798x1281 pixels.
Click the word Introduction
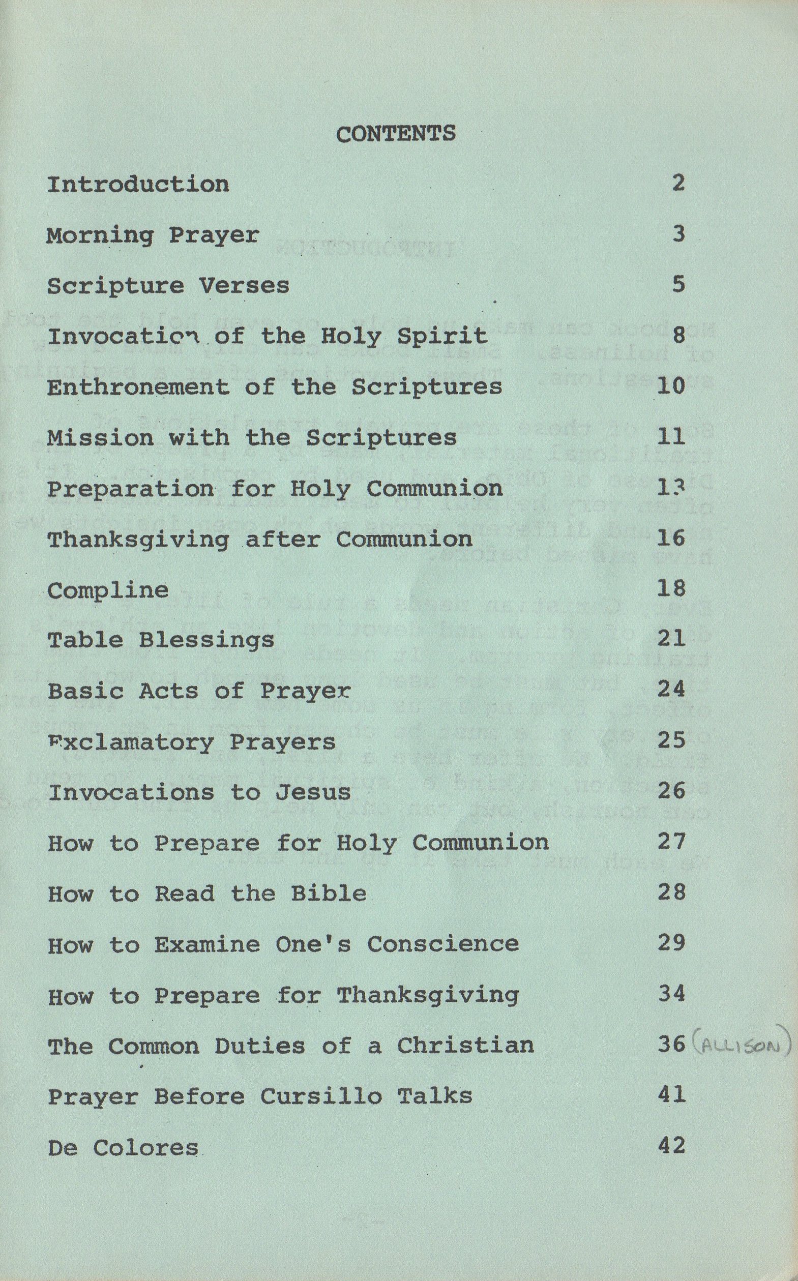138,184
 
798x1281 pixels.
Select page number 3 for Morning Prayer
678,234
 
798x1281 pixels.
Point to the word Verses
244,285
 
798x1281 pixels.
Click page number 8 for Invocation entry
678,335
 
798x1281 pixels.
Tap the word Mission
100,437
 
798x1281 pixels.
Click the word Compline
108,590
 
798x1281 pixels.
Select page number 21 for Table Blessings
671,639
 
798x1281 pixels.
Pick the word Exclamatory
131,742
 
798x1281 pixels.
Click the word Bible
328,893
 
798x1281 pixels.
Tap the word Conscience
443,944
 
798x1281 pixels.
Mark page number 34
671,994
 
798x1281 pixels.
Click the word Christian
465,1045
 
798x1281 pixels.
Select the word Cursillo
320,1096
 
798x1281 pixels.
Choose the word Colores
145,1148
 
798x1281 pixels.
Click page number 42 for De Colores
671,1145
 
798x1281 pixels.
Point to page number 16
671,539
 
